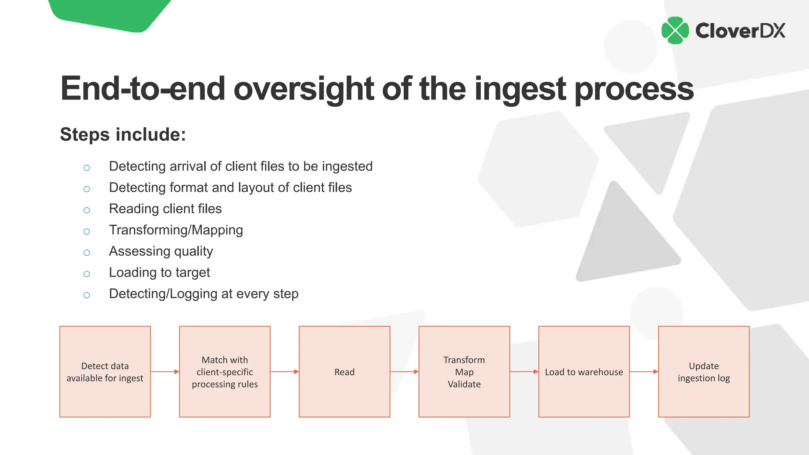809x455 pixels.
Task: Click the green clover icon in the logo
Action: tap(675, 30)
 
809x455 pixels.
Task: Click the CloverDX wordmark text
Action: tap(740, 31)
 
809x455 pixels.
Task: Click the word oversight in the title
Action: tap(303, 89)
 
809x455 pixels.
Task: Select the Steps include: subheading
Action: tap(123, 134)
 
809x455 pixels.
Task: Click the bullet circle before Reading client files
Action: tap(87, 210)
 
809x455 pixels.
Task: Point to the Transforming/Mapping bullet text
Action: tap(176, 230)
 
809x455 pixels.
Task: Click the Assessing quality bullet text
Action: tap(161, 251)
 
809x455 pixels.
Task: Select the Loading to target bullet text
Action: tap(159, 273)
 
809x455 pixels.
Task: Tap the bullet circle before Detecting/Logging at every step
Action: tap(87, 295)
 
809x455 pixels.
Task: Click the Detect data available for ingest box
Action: tap(105, 372)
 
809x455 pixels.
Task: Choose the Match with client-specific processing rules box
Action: tap(225, 372)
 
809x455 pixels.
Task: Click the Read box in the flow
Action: tap(344, 372)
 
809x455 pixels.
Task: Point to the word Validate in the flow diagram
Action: tap(464, 384)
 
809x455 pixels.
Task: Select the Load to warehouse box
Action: tap(584, 372)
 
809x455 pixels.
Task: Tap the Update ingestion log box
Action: tap(704, 372)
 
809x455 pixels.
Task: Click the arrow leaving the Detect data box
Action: tap(165, 372)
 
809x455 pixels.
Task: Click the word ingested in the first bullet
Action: tap(347, 166)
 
